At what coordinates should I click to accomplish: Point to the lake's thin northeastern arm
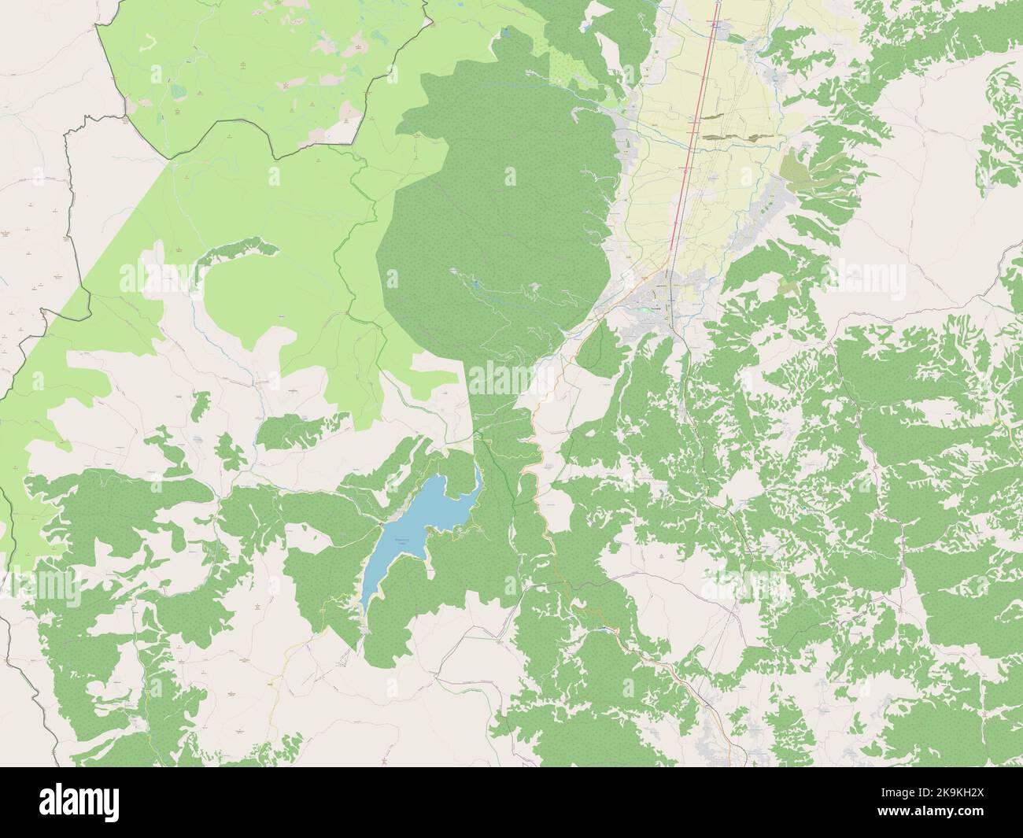coord(477,477)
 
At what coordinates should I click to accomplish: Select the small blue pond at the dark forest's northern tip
coord(504,34)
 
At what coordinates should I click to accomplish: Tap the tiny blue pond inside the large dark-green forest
coord(475,280)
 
